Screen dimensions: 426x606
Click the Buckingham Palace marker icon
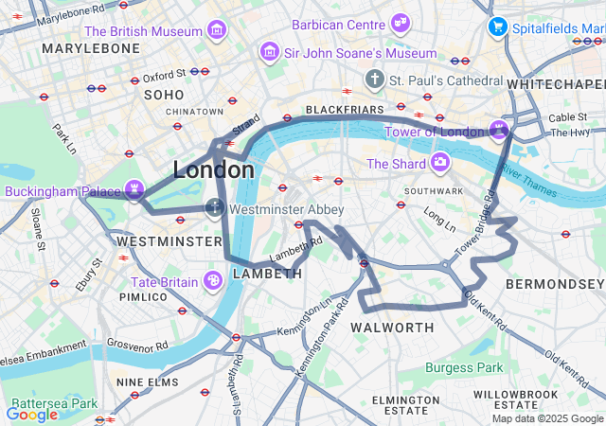pyautogui.click(x=135, y=191)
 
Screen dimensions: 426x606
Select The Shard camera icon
pyautogui.click(x=439, y=164)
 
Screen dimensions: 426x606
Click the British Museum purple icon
pyautogui.click(x=218, y=31)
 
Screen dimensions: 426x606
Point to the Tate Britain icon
pyautogui.click(x=214, y=280)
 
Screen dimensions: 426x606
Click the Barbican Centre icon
pyautogui.click(x=401, y=23)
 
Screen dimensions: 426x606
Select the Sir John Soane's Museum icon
pyautogui.click(x=271, y=53)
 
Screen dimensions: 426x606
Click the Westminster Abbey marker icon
pyautogui.click(x=216, y=208)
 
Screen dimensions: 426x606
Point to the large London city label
pyautogui.click(x=213, y=170)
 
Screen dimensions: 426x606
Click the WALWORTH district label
pyautogui.click(x=392, y=328)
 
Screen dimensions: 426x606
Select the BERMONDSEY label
pyautogui.click(x=554, y=284)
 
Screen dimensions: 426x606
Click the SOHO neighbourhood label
pyautogui.click(x=164, y=95)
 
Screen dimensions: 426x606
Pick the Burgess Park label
pyautogui.click(x=464, y=367)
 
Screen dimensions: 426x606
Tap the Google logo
pyautogui.click(x=32, y=414)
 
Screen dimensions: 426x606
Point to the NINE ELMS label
pyautogui.click(x=148, y=382)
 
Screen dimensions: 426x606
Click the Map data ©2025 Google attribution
pyautogui.click(x=547, y=418)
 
